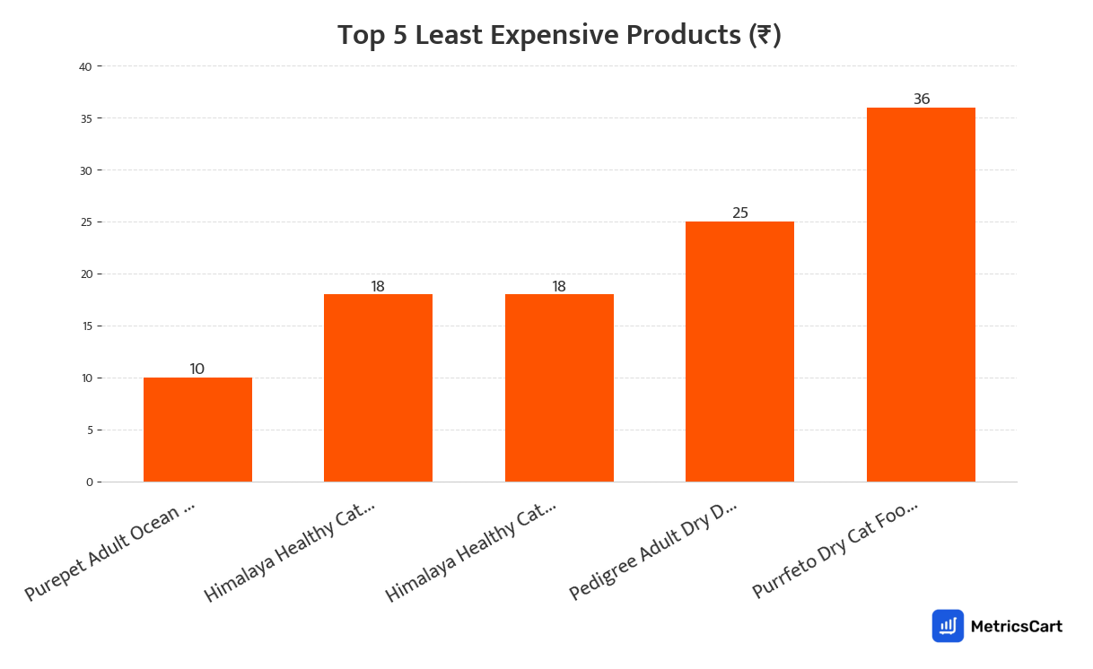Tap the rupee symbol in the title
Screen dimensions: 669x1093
pyautogui.click(x=764, y=36)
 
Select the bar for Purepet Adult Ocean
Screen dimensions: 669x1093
pyautogui.click(x=197, y=430)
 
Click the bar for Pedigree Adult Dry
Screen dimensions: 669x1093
pyautogui.click(x=739, y=352)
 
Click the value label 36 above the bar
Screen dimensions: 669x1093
pyautogui.click(x=922, y=100)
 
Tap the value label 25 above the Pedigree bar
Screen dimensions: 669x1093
pyautogui.click(x=740, y=213)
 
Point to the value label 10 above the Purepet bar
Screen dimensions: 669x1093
pyautogui.click(x=197, y=369)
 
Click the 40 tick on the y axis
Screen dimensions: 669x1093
pyautogui.click(x=86, y=66)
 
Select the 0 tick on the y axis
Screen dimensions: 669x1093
pyautogui.click(x=90, y=482)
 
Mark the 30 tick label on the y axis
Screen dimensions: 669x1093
pyautogui.click(x=86, y=170)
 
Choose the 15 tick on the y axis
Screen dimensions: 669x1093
pyautogui.click(x=86, y=326)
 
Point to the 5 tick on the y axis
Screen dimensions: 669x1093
pyautogui.click(x=90, y=430)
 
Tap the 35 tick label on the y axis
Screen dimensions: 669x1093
pyautogui.click(x=86, y=118)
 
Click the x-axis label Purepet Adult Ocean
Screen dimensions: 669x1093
pyautogui.click(x=109, y=551)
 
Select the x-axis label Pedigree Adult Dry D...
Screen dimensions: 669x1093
pyautogui.click(x=652, y=551)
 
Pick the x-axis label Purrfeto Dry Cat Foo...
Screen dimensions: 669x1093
pyautogui.click(x=835, y=549)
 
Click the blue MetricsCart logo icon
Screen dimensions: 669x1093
pyautogui.click(x=948, y=626)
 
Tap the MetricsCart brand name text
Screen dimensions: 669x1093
pyautogui.click(x=1016, y=626)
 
